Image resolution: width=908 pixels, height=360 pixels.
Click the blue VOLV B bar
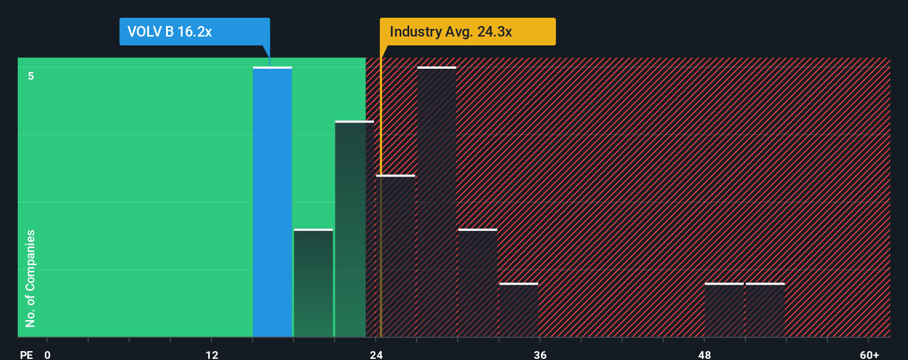coord(272,202)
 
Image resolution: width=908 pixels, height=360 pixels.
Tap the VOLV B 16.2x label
coord(169,32)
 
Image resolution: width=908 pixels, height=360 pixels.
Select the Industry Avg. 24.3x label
coord(451,32)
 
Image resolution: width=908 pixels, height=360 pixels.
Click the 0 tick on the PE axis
coord(48,354)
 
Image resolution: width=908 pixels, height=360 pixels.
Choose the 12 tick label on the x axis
coord(212,354)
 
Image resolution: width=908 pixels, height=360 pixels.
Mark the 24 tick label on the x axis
coord(376,354)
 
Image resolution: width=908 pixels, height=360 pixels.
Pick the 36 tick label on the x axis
coord(540,354)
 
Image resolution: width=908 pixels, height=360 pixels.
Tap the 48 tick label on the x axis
coord(705,354)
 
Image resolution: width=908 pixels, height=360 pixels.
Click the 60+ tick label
coord(869,354)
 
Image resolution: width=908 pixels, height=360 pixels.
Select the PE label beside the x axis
coord(26,354)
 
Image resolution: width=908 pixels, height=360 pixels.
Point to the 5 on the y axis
coord(31,76)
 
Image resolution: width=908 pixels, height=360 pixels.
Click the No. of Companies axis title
coord(30,278)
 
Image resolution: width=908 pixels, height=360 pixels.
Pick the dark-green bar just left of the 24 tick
coord(351,229)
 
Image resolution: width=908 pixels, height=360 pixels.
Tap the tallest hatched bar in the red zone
coord(437,202)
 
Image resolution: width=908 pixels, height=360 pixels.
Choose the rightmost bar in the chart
coord(765,310)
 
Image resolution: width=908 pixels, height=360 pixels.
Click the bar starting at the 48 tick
coord(724,310)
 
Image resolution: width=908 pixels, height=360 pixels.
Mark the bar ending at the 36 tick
coord(519,310)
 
